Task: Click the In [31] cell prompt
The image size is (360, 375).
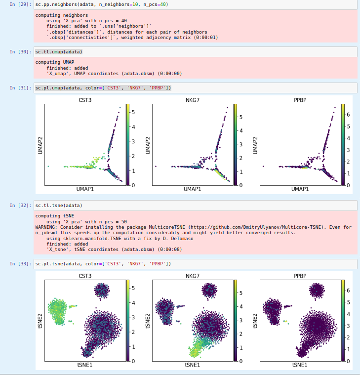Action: (20, 88)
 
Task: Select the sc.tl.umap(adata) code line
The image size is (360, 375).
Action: (59, 52)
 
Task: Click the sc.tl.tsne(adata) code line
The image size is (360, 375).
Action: (59, 205)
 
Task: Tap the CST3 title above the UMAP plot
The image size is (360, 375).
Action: (85, 100)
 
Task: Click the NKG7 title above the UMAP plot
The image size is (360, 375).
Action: (192, 100)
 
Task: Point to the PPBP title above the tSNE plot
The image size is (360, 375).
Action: (300, 275)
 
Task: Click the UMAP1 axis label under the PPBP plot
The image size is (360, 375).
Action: (300, 189)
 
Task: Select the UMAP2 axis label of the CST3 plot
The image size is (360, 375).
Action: (40, 145)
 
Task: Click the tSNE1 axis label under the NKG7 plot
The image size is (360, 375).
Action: (192, 365)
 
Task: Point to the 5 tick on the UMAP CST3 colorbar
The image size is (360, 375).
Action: (133, 112)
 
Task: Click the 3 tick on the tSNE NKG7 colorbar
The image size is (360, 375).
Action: (240, 320)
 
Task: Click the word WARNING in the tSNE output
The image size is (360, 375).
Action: (48, 227)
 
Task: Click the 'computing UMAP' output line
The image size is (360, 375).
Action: (55, 62)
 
